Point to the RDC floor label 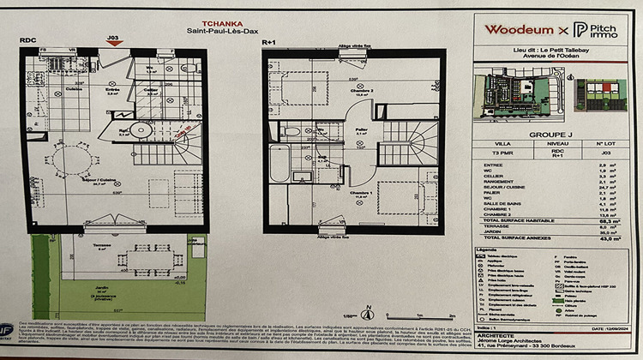tap(27, 39)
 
